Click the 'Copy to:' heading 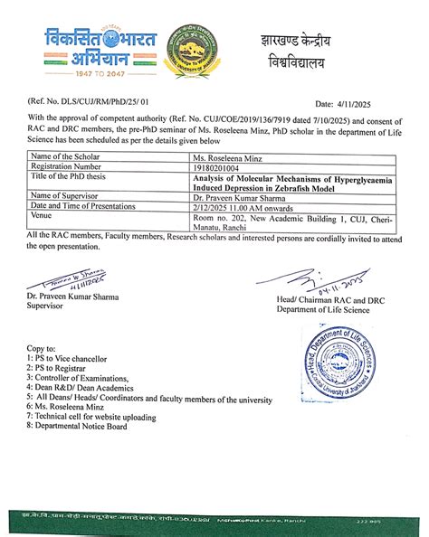(42, 348)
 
